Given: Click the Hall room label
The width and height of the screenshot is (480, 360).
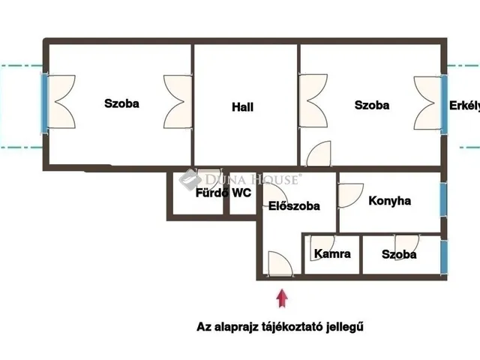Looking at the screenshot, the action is [242, 107].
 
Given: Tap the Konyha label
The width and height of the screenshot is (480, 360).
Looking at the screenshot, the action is [390, 201].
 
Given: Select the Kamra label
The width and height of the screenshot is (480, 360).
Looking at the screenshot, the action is [332, 253].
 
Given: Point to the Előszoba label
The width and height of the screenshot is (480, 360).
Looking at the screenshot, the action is [294, 206].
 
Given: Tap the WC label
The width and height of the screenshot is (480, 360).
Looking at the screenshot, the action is [241, 193].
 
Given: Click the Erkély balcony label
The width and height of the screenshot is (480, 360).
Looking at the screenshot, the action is [464, 106].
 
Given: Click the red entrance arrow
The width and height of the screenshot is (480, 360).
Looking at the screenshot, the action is [282, 298].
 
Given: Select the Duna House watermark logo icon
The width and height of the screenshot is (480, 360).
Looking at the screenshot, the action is [190, 179].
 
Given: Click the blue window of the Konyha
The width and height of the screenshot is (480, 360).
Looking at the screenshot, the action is [443, 200].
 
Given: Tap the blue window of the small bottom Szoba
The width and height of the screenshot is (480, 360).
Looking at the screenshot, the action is [443, 256].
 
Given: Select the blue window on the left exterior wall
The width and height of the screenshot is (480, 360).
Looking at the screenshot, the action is [45, 103].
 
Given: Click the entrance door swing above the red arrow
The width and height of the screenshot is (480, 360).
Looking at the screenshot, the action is [280, 264].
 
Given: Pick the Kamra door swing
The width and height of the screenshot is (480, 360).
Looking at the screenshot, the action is [322, 248].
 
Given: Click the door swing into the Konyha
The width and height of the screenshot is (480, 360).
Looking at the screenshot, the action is [351, 196].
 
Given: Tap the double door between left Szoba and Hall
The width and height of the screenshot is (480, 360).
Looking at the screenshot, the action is [178, 102].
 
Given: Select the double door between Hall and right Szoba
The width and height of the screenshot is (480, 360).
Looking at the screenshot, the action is [313, 100].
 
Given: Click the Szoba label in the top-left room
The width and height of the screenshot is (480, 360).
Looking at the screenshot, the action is [121, 103].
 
